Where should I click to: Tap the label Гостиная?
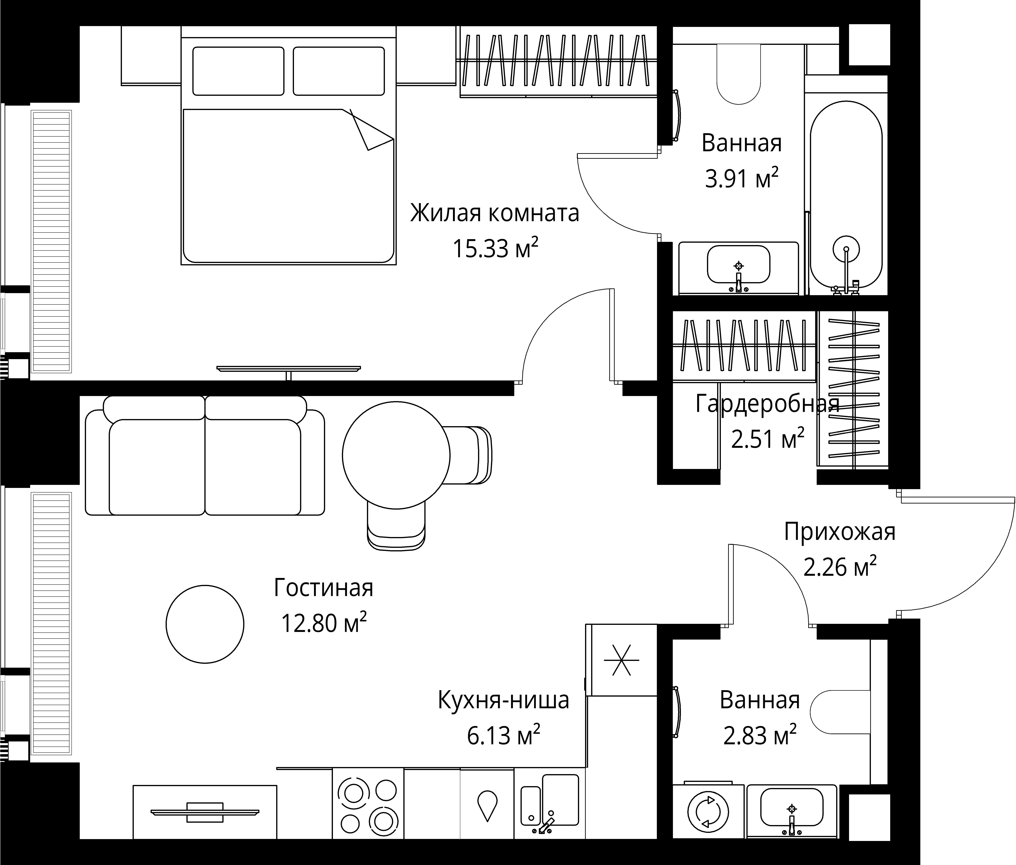click(x=324, y=588)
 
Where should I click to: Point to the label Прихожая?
click(x=840, y=532)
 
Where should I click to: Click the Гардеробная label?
click(x=767, y=404)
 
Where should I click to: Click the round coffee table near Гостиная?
click(x=205, y=624)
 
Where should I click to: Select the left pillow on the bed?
click(x=238, y=71)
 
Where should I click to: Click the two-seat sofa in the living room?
click(x=205, y=461)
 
